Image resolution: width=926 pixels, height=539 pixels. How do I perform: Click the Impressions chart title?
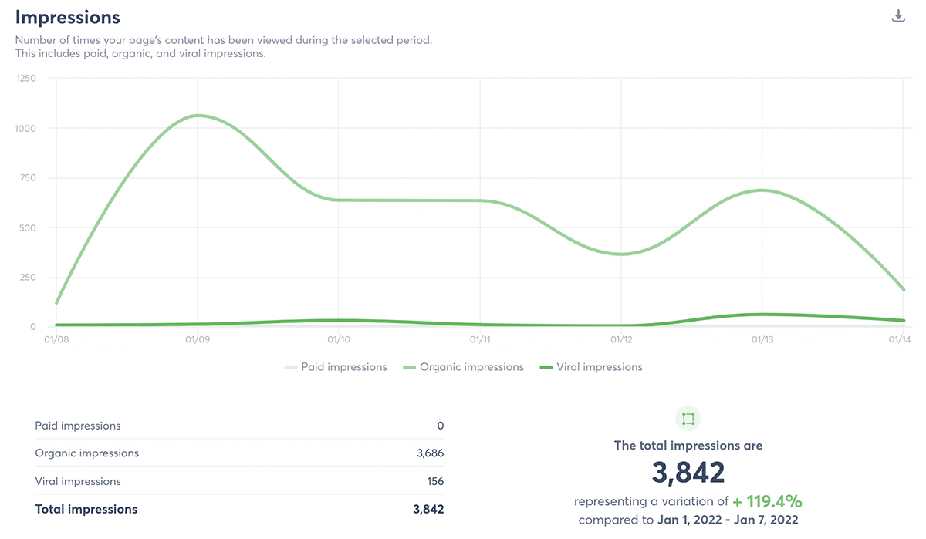(x=68, y=17)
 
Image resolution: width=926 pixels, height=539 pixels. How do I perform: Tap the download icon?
(x=898, y=16)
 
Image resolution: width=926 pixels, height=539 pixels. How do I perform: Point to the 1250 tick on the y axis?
(x=25, y=79)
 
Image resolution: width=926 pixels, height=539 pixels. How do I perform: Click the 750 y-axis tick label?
(x=28, y=178)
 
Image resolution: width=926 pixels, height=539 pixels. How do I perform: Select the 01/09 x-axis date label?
(x=198, y=339)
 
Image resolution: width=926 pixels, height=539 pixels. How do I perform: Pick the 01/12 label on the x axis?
(x=621, y=339)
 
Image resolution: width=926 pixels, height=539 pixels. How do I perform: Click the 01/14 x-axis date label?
(x=897, y=339)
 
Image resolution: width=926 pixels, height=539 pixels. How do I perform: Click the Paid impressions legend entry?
(x=343, y=367)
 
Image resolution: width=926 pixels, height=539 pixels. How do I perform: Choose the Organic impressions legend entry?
(x=471, y=367)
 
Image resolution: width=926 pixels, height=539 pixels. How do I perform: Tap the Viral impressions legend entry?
(x=599, y=367)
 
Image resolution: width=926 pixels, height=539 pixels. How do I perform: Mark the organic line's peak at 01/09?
(x=198, y=116)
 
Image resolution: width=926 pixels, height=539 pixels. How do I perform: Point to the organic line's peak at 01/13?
(x=762, y=190)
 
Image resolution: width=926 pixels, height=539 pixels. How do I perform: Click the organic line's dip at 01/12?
(x=621, y=254)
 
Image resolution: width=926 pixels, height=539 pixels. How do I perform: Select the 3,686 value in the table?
(x=430, y=453)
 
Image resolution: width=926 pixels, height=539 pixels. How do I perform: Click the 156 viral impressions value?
(x=435, y=481)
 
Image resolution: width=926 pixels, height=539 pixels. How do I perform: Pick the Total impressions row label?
(x=86, y=509)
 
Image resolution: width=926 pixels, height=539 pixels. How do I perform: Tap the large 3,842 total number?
(x=688, y=473)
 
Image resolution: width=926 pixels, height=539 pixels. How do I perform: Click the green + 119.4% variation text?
(x=768, y=501)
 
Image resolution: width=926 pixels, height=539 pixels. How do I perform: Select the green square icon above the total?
(x=688, y=419)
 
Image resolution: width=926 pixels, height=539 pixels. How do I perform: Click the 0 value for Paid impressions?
(x=440, y=426)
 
